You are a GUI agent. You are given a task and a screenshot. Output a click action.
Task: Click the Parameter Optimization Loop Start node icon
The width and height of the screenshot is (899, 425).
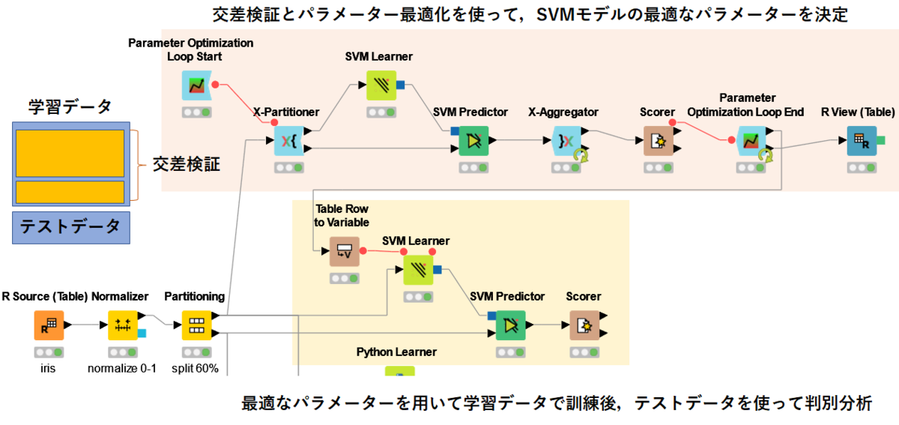[x=196, y=85]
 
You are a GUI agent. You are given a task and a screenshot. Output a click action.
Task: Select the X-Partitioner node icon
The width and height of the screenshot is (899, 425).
[x=288, y=140]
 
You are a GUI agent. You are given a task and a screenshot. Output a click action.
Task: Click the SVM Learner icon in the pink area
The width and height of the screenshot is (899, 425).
[x=381, y=85]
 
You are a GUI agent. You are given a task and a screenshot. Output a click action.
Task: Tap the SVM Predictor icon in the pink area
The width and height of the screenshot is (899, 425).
[x=473, y=140]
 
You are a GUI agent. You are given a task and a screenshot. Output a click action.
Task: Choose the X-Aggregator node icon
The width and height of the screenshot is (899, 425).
[x=566, y=140]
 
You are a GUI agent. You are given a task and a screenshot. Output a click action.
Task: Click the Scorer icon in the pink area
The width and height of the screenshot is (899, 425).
[x=658, y=140]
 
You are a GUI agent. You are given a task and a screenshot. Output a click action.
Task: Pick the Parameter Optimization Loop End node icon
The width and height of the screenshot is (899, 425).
[x=751, y=140]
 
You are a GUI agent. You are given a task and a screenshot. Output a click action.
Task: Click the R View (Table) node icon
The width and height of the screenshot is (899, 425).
[x=862, y=140]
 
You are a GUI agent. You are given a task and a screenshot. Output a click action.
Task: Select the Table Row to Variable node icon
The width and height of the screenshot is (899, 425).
[x=345, y=250]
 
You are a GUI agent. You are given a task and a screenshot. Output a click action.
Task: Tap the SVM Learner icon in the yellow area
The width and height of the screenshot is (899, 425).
[x=418, y=270]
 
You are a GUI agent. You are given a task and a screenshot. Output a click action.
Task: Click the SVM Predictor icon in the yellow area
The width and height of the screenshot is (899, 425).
[x=511, y=325]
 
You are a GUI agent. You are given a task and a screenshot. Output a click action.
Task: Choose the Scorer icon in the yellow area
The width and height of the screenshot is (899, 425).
[x=584, y=325]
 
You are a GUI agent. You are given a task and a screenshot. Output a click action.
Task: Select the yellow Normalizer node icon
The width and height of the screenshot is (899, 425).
[x=123, y=325]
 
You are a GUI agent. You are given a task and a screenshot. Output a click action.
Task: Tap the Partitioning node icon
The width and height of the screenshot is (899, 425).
[x=196, y=325]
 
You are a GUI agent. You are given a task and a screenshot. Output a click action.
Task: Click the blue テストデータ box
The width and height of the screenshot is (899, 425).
[x=71, y=227]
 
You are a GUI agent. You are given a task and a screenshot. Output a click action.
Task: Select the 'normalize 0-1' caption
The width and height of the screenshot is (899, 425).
[x=121, y=368]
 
